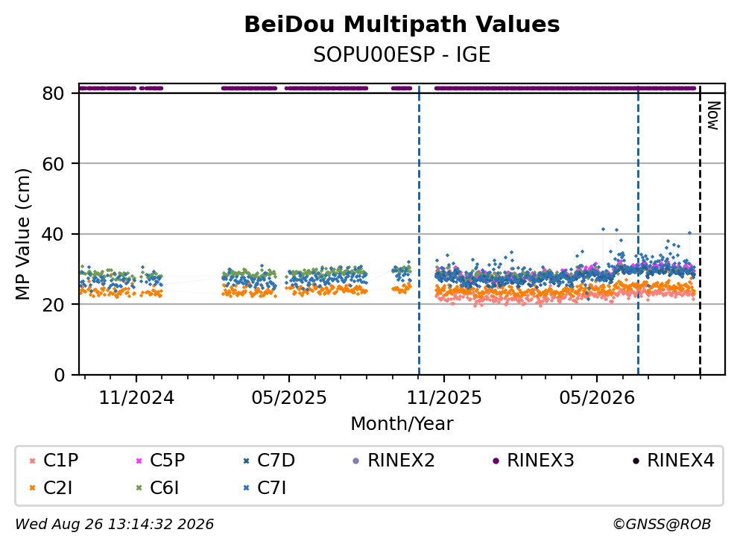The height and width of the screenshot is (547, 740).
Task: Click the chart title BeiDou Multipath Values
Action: tap(402, 25)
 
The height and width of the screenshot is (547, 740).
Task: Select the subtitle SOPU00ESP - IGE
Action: tap(402, 54)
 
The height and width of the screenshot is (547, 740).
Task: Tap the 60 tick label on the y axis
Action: tap(53, 164)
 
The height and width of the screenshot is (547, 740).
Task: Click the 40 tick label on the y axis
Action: tap(53, 234)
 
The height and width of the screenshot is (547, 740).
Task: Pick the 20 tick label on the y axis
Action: tap(53, 304)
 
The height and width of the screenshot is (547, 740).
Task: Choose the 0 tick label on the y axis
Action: tap(59, 375)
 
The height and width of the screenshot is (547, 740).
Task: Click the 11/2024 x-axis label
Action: tap(136, 398)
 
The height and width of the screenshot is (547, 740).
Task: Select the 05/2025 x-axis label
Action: tap(289, 398)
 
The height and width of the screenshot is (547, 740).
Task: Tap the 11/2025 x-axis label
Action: tap(444, 398)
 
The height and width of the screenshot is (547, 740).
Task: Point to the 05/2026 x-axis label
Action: tap(597, 398)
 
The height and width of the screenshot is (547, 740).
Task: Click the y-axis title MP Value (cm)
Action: tap(22, 234)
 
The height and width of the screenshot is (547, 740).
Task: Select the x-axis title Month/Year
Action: tap(402, 424)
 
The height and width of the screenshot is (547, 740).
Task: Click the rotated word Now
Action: tap(713, 116)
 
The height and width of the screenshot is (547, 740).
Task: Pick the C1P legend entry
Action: tap(54, 460)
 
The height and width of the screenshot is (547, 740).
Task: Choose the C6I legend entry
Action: tap(157, 488)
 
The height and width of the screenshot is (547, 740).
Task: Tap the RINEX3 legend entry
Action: tap(534, 460)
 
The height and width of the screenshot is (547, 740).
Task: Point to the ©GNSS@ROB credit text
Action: tap(662, 524)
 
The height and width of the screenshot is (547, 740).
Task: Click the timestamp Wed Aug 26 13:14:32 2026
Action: tap(115, 524)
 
